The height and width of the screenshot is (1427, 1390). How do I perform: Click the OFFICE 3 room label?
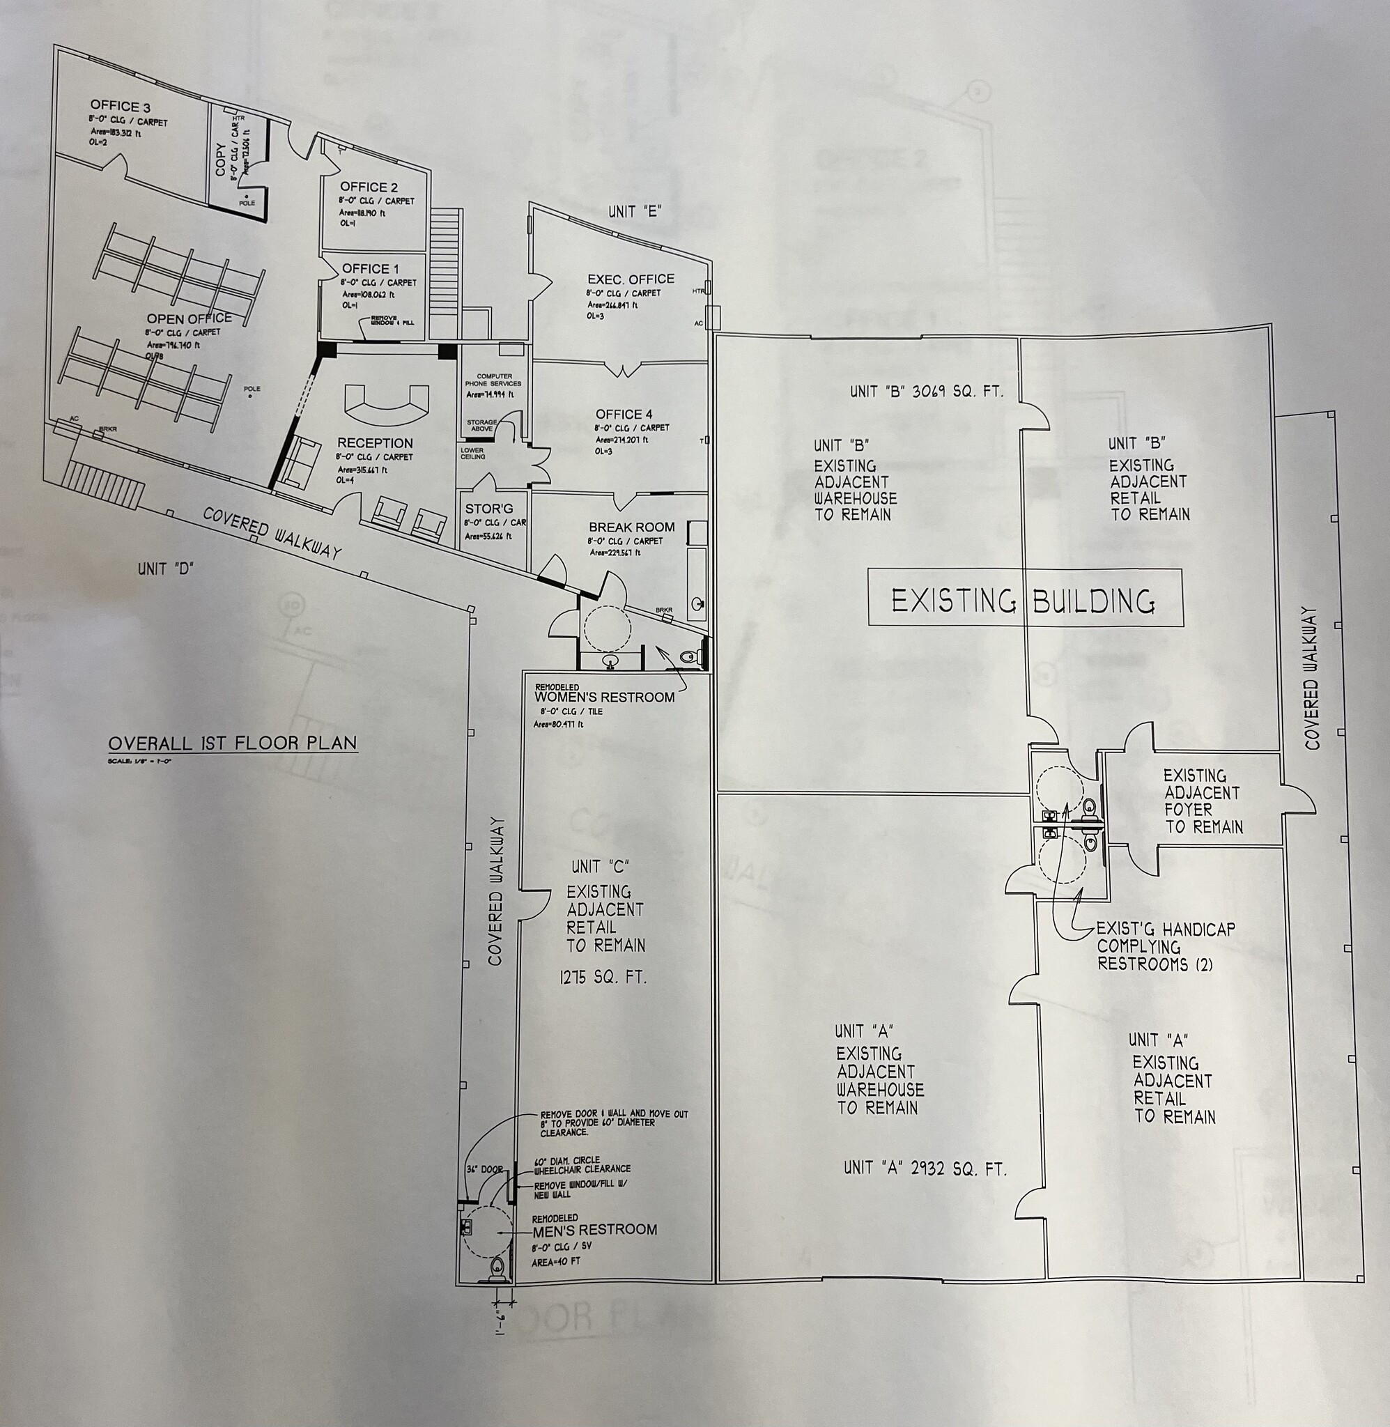(121, 106)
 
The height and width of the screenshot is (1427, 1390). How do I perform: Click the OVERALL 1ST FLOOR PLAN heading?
(233, 743)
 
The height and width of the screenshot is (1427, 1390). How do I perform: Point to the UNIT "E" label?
(635, 213)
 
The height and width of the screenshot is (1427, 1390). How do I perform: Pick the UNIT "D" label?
(166, 569)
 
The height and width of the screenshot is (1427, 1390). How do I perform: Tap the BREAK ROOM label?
(631, 527)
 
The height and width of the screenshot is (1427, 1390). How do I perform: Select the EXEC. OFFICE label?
(631, 279)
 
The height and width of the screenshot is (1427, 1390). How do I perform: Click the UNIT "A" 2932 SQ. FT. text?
(925, 1168)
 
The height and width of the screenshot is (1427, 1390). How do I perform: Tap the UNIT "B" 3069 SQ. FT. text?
(927, 391)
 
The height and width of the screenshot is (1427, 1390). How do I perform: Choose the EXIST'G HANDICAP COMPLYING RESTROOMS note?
(1165, 947)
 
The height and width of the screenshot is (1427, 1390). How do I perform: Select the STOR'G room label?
(489, 509)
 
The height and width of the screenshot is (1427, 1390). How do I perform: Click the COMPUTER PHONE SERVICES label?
(493, 380)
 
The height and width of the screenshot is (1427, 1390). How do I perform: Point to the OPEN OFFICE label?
(189, 319)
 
